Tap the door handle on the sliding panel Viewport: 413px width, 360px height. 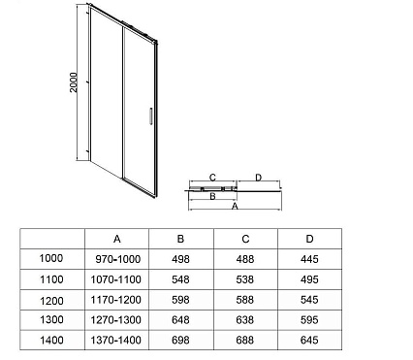[x=147, y=115]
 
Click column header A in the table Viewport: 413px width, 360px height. [x=117, y=239]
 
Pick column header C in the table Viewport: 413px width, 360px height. [x=245, y=239]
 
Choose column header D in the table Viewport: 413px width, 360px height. [x=309, y=239]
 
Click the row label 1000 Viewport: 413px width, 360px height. [x=50, y=259]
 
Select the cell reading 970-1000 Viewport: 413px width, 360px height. [x=118, y=259]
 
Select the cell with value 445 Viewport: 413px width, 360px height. [x=309, y=259]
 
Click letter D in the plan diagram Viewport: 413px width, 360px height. [x=257, y=178]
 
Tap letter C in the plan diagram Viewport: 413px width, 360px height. [x=210, y=178]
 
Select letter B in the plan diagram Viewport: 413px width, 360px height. [x=211, y=195]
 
